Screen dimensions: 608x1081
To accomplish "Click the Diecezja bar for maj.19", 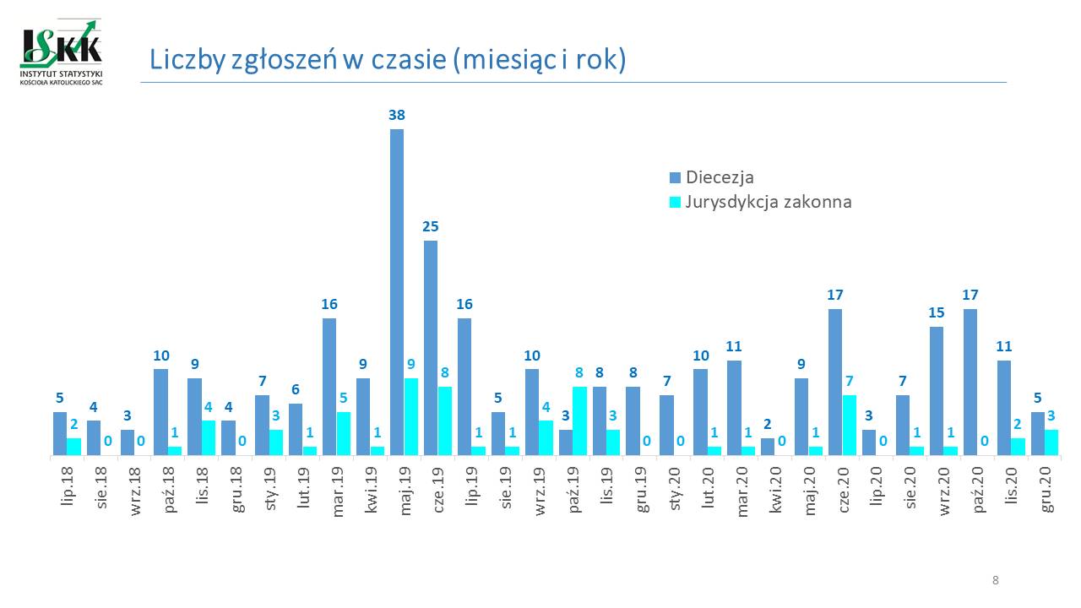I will pos(397,291).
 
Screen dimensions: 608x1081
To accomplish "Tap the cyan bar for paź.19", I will pos(580,421).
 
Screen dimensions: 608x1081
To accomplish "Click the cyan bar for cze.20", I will pos(850,425).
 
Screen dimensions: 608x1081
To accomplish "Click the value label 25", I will pos(431,226).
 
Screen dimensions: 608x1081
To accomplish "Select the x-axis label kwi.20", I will pos(777,485).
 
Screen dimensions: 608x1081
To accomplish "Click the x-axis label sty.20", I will pos(676,485).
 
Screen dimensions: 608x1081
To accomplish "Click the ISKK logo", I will pos(61,52).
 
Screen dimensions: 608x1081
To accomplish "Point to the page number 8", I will pos(996,580).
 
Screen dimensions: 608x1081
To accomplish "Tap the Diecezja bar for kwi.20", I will pos(768,447).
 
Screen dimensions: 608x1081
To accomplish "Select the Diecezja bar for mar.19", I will pos(329,386).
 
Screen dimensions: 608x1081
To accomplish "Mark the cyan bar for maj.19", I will pos(411,416).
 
